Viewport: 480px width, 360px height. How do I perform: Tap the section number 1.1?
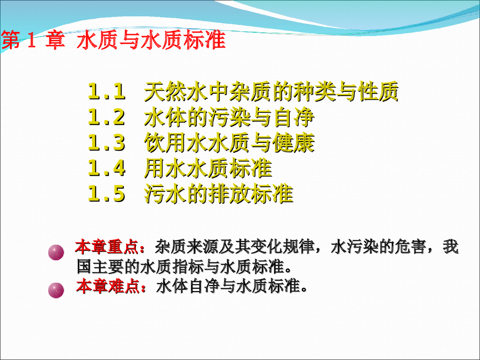[x=107, y=92]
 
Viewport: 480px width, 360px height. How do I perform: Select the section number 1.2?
[x=107, y=117]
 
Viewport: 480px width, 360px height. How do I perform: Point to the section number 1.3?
[x=107, y=143]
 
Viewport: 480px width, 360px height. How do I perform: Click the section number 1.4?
[x=107, y=168]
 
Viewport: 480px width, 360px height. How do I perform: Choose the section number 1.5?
[x=107, y=194]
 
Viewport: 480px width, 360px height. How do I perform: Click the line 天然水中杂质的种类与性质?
[x=271, y=92]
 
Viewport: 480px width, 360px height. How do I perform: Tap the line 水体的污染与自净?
[x=229, y=117]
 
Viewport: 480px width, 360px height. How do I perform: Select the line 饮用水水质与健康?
[x=229, y=143]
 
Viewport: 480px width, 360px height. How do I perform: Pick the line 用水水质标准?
[x=208, y=168]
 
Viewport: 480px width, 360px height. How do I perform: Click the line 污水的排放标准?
[x=218, y=194]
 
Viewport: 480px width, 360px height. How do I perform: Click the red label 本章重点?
[x=107, y=246]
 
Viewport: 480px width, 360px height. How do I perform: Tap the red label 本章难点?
[x=107, y=285]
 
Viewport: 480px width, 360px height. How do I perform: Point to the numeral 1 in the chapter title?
[x=31, y=41]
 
